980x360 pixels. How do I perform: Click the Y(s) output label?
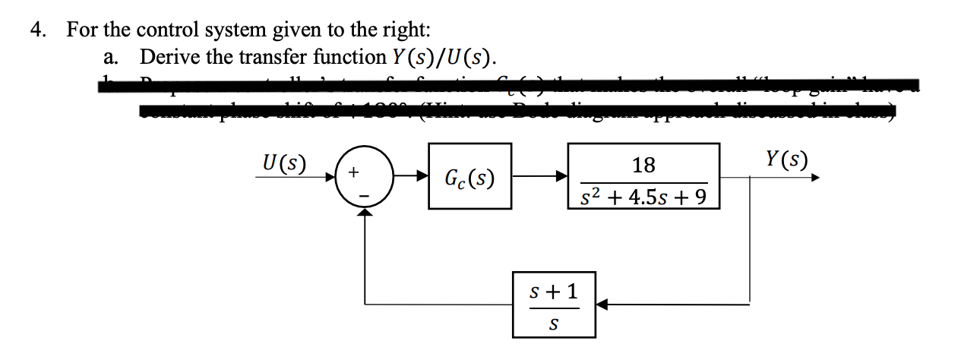click(x=787, y=160)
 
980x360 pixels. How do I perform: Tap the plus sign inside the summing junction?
click(x=353, y=173)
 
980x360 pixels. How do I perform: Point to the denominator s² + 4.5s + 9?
click(x=643, y=197)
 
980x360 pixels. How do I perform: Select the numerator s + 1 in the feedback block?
click(x=553, y=291)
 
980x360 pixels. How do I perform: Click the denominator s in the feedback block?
click(x=553, y=324)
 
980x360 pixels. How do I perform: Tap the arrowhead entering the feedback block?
click(x=601, y=305)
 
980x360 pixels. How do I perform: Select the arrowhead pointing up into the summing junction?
click(x=366, y=213)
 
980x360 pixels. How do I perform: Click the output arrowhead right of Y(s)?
click(x=815, y=179)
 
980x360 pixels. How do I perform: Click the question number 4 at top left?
click(x=36, y=30)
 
